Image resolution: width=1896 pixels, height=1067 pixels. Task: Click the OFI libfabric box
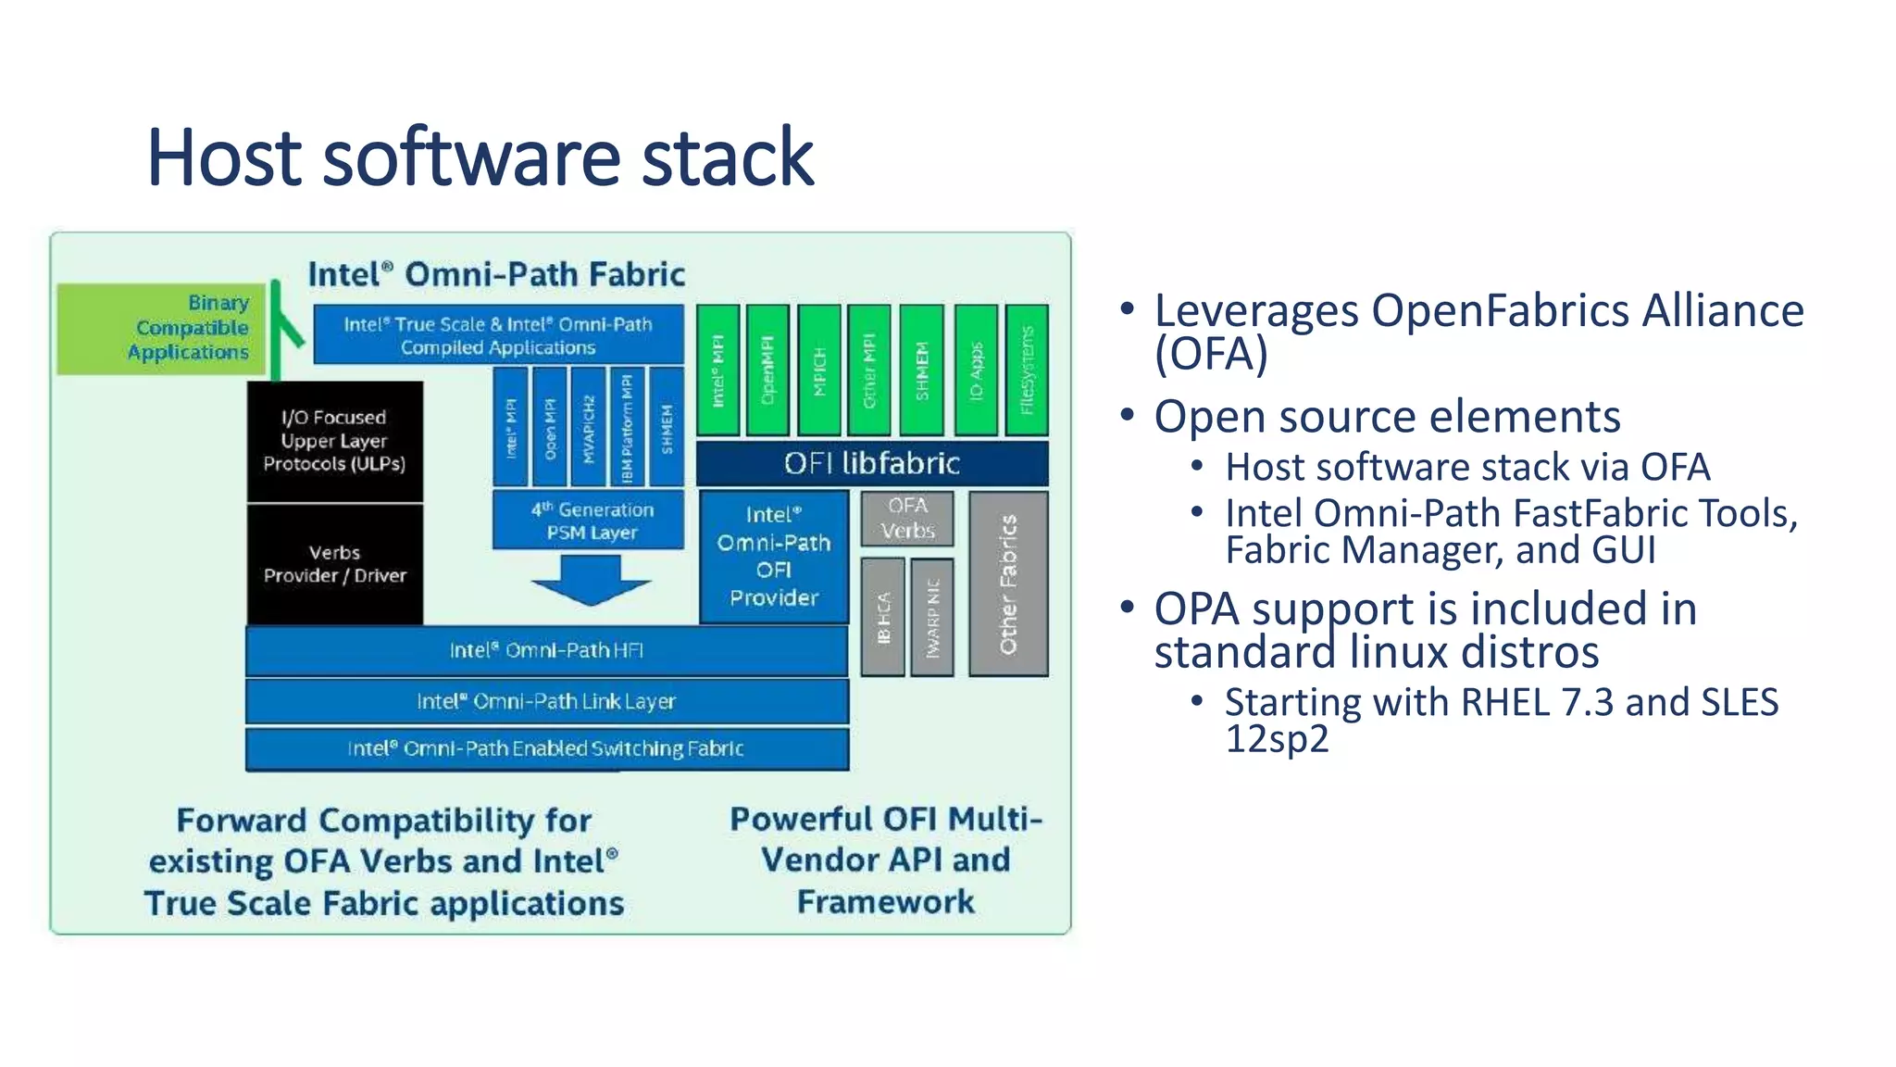[871, 463]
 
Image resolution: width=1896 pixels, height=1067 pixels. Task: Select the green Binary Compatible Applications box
[161, 329]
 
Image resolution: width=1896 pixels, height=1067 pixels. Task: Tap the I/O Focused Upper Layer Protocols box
[334, 441]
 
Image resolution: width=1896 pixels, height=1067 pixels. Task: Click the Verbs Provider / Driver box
[334, 564]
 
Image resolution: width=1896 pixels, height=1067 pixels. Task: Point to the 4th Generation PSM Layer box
[590, 521]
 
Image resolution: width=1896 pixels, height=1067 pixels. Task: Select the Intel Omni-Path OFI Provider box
[774, 557]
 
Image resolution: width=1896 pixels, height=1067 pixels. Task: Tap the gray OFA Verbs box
[907, 519]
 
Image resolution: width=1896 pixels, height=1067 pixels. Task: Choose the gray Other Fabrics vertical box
[1008, 584]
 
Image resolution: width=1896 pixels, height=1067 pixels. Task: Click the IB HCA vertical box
[883, 617]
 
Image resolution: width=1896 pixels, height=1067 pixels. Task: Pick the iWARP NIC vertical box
[932, 617]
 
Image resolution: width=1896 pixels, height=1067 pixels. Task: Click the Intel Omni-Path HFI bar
[546, 650]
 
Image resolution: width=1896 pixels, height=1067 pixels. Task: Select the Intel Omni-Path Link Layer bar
[546, 701]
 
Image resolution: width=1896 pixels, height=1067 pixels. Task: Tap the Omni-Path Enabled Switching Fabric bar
[546, 748]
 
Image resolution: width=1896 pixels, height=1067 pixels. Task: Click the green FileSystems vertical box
[1027, 370]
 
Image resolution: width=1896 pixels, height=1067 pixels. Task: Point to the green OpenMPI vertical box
[767, 370]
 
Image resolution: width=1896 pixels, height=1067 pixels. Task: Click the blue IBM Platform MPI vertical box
[627, 427]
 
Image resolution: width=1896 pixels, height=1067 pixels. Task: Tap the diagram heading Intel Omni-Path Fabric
[496, 274]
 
